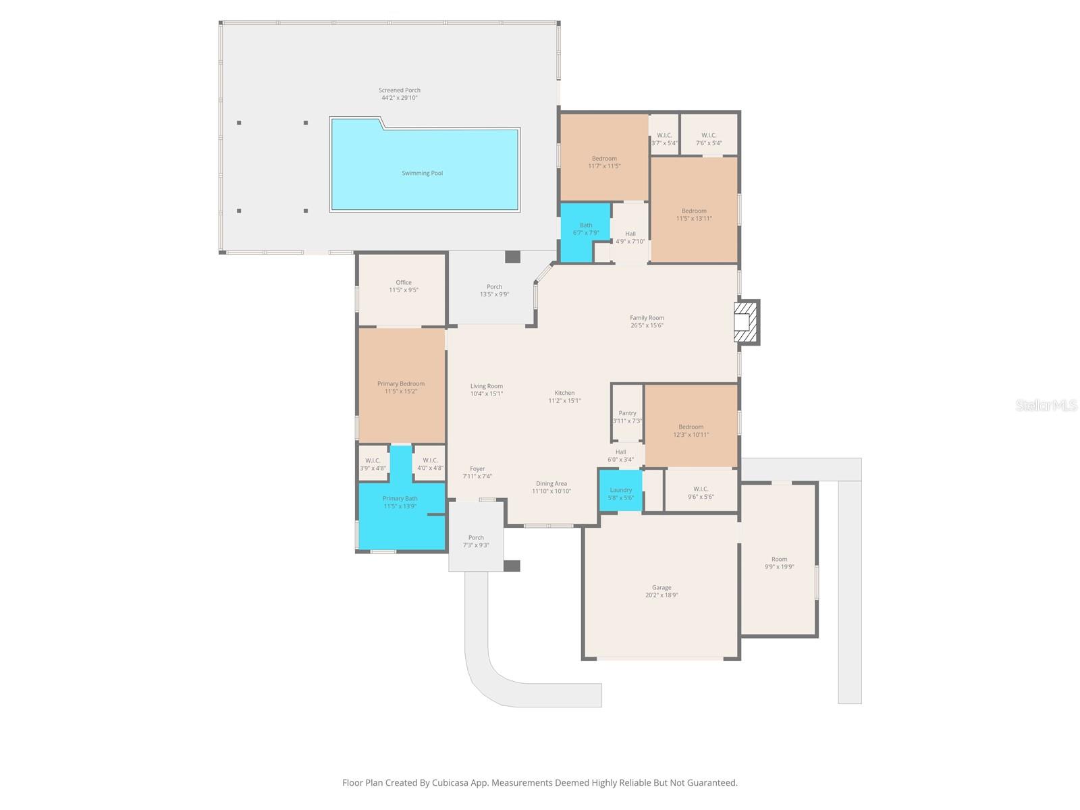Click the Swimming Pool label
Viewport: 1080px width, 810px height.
(422, 173)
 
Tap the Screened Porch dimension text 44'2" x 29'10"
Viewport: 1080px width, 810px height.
(400, 98)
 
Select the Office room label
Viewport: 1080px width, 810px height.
(404, 282)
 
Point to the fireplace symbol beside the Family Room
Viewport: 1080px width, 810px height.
(745, 322)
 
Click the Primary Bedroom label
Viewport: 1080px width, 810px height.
(401, 383)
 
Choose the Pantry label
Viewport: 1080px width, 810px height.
(627, 413)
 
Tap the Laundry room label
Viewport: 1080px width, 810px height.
(621, 490)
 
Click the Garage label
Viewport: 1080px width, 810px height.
(661, 587)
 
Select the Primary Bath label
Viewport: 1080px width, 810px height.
(400, 498)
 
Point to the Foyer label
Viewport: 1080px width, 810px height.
(477, 468)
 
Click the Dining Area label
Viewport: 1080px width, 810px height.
(551, 483)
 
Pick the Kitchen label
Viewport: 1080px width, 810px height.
(564, 393)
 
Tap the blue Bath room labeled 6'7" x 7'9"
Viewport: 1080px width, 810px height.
(585, 232)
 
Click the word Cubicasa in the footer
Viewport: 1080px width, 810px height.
(450, 782)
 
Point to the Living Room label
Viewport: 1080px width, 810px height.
(487, 386)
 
